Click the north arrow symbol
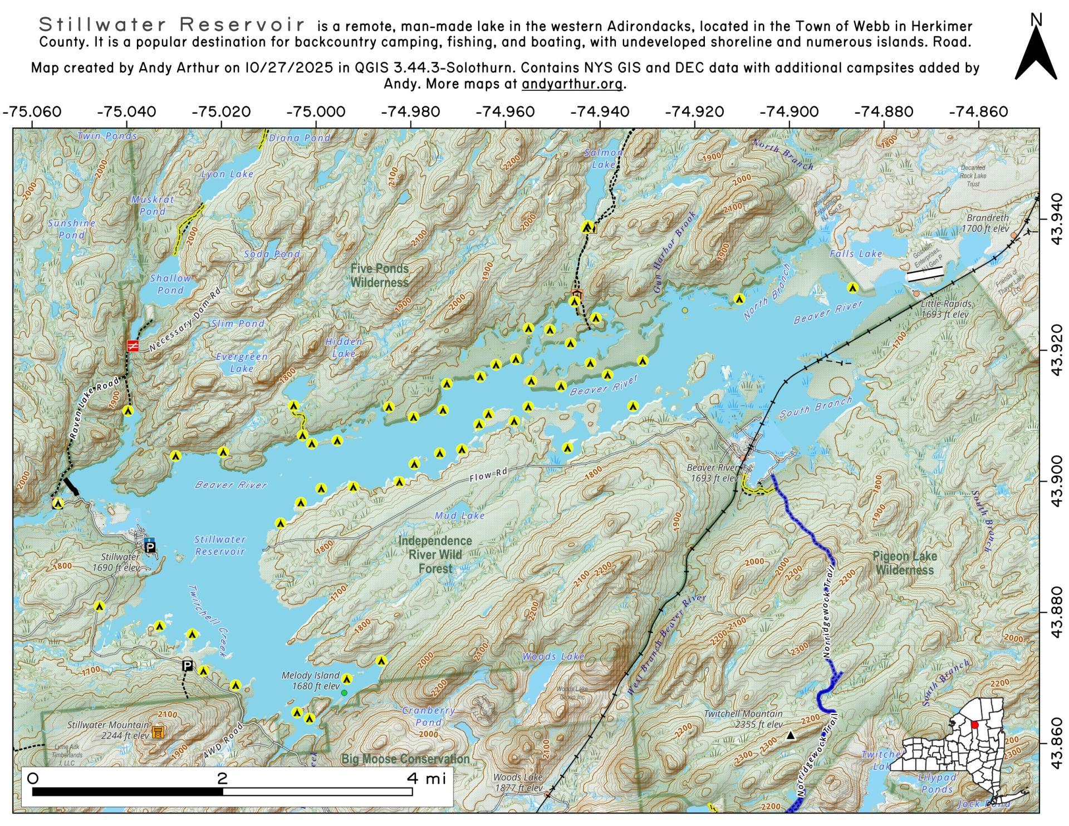(1036, 53)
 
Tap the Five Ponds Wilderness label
(379, 276)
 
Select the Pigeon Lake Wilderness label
(904, 563)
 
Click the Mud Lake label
(459, 516)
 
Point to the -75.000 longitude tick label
(316, 111)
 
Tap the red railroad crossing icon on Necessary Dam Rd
(133, 346)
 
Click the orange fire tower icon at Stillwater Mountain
(158, 731)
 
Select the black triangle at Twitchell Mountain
(790, 736)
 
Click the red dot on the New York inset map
(974, 725)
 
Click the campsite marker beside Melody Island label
(347, 679)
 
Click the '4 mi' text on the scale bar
(426, 778)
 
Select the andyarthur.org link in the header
(573, 84)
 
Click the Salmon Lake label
(604, 158)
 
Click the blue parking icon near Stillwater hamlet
(150, 546)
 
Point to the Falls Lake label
(856, 254)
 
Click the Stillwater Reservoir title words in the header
(172, 25)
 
